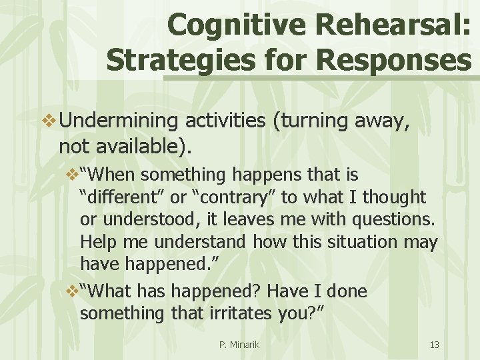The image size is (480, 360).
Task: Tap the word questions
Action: [393, 219]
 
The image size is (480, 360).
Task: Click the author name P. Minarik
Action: [239, 345]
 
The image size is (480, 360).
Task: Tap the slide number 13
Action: [434, 345]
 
